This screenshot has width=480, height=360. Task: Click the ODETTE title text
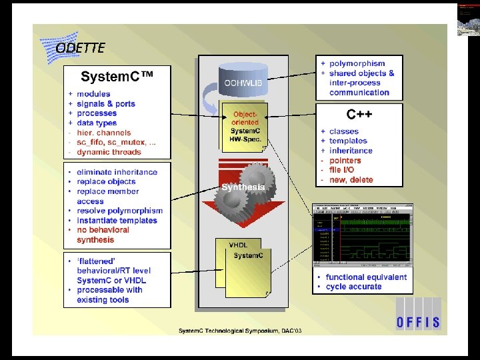(x=80, y=48)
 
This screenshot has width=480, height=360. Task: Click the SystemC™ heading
(x=117, y=77)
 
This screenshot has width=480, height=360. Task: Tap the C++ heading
(x=359, y=115)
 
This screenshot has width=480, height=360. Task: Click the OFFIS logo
(x=417, y=322)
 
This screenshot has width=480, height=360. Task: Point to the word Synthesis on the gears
(x=243, y=187)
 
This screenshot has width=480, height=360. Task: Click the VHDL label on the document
(x=238, y=245)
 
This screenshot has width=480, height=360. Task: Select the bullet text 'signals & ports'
(x=105, y=104)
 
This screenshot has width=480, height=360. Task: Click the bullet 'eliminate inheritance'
(x=117, y=172)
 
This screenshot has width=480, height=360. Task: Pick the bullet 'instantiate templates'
(x=117, y=221)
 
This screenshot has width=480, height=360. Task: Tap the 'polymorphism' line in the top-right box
(x=357, y=63)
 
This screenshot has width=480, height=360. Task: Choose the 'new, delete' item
(x=351, y=180)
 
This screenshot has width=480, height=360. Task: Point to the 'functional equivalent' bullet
(x=366, y=277)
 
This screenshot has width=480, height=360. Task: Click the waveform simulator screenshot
(x=363, y=237)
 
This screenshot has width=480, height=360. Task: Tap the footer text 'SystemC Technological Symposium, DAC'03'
(x=239, y=331)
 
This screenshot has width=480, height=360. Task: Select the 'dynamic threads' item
(x=109, y=152)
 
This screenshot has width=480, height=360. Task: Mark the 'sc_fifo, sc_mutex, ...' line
(x=116, y=143)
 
